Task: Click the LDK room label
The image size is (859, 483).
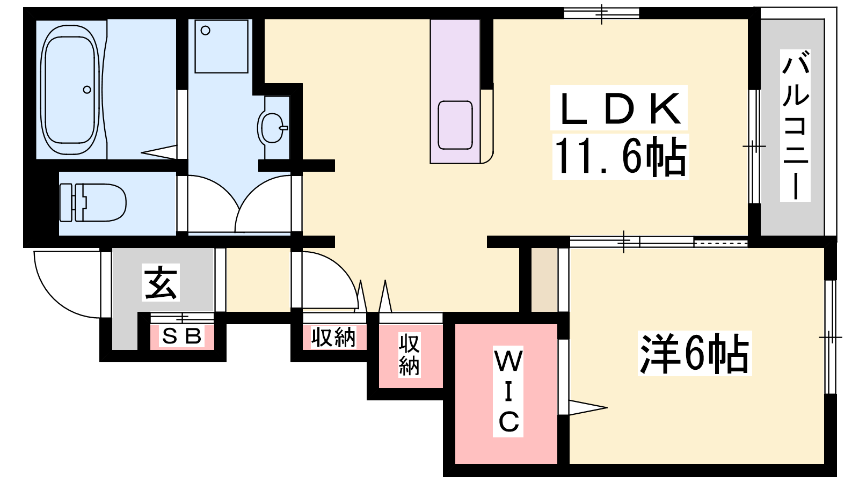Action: (618, 108)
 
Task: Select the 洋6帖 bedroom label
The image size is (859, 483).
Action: (695, 354)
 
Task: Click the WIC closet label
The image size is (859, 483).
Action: (508, 391)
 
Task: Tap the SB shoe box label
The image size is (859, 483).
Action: (182, 336)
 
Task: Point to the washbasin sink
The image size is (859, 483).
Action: (273, 128)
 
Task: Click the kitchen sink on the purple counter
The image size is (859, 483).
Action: (455, 125)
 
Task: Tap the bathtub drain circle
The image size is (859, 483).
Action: (87, 90)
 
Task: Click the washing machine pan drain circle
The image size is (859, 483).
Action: (206, 31)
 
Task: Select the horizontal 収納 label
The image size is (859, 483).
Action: (333, 338)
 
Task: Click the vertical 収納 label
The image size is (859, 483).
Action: (409, 354)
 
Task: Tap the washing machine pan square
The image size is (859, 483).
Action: (221, 46)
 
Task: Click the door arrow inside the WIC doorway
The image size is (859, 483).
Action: (588, 407)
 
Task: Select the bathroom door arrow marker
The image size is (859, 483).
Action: (159, 152)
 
